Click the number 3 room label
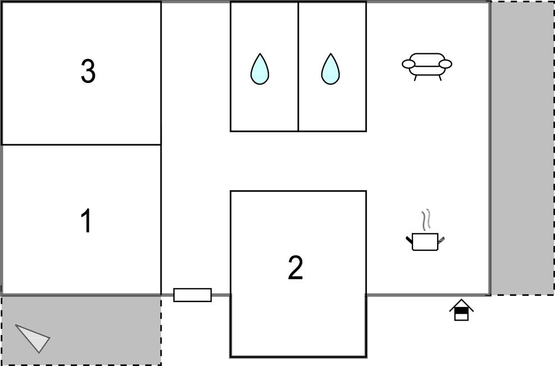click(x=88, y=71)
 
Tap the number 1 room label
click(x=86, y=221)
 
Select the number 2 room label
click(x=296, y=268)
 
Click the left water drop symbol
click(x=259, y=69)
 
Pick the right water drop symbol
click(x=331, y=69)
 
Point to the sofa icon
click(x=427, y=65)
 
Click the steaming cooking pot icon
click(x=425, y=241)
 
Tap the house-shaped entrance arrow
click(x=461, y=310)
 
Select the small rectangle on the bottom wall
click(x=192, y=295)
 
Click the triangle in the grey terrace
click(x=34, y=337)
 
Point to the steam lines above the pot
click(x=427, y=220)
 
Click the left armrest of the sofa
click(x=409, y=64)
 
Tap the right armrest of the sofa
click(x=445, y=64)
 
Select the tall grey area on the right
click(x=523, y=148)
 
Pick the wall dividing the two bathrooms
click(x=298, y=66)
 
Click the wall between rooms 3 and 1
click(x=81, y=145)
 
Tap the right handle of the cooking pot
click(x=442, y=240)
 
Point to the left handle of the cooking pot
click(x=409, y=241)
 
